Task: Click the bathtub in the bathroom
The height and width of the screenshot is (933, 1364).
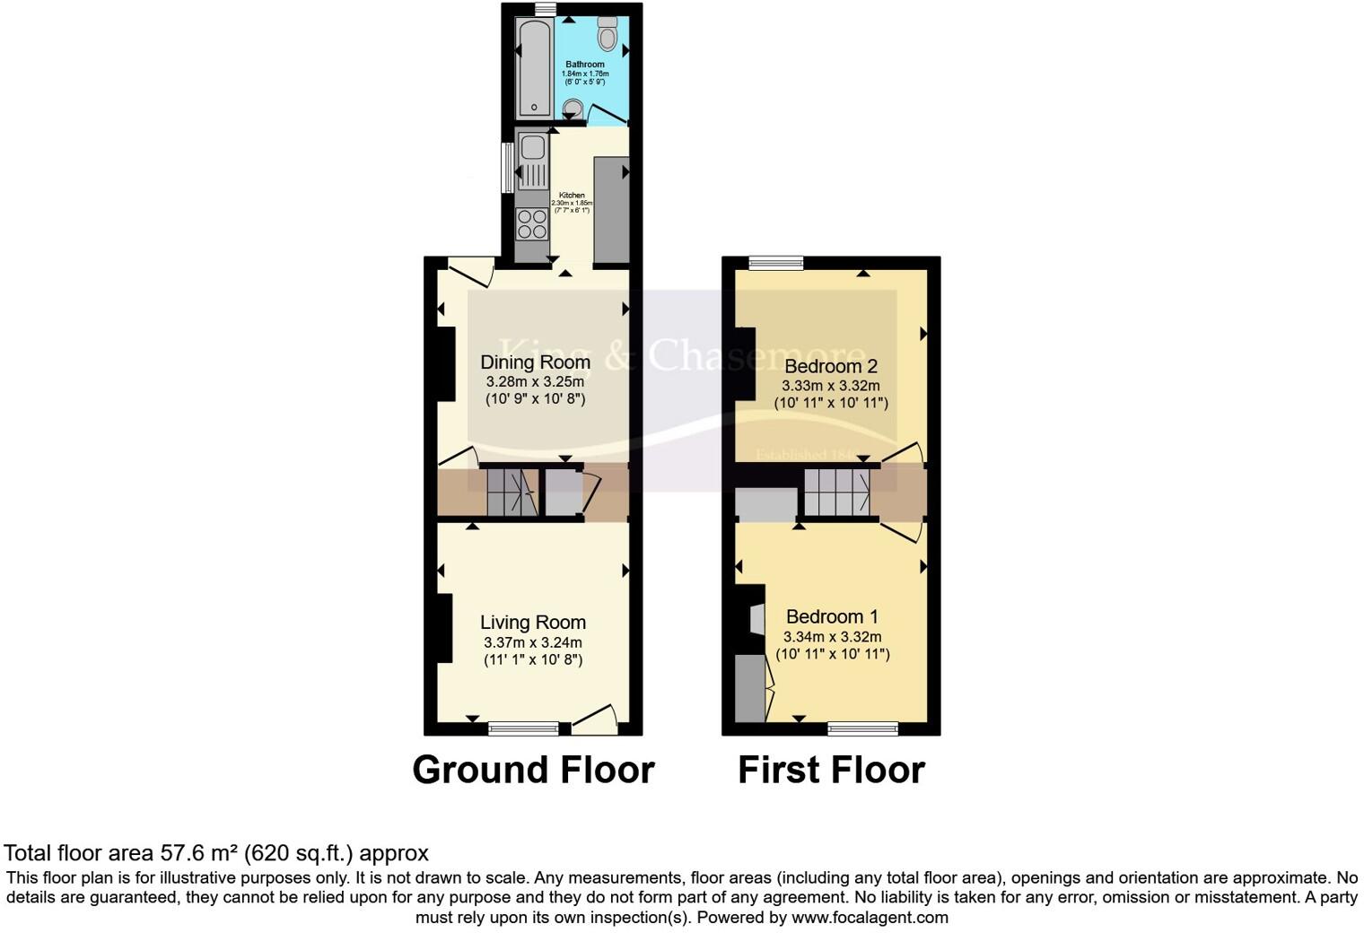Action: click(x=535, y=66)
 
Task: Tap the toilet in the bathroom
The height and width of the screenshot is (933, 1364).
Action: click(x=608, y=33)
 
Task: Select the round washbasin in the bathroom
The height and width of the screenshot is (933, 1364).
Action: click(x=572, y=109)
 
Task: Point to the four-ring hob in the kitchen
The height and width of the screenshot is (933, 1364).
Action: click(x=532, y=223)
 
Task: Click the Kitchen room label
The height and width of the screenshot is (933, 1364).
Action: click(x=572, y=196)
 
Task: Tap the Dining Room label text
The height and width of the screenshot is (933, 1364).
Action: click(x=535, y=362)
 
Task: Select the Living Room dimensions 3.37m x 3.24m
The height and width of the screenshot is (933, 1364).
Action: click(x=532, y=642)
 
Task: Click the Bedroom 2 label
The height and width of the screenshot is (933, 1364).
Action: click(x=830, y=366)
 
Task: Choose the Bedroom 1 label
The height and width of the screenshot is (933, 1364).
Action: click(x=831, y=616)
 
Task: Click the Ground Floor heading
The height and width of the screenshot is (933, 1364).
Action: click(x=533, y=770)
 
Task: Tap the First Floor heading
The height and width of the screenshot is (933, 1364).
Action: click(x=831, y=770)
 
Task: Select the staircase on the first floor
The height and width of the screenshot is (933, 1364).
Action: click(x=836, y=492)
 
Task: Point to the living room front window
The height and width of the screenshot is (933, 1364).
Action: click(x=522, y=728)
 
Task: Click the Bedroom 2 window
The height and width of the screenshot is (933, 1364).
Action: click(x=776, y=263)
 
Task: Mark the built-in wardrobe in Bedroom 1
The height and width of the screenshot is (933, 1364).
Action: click(x=750, y=688)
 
